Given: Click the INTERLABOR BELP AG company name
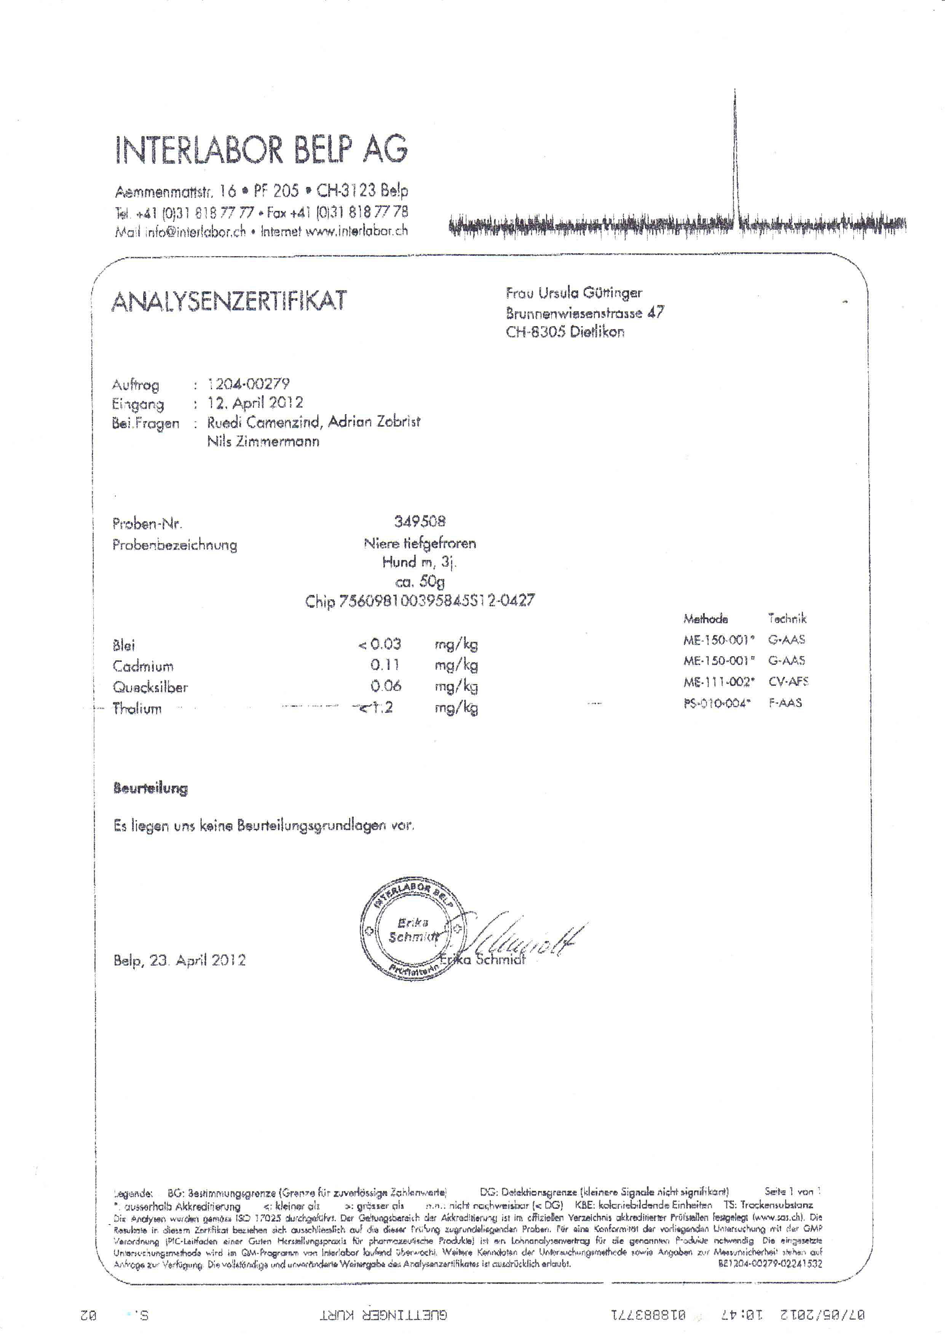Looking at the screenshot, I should point(261,150).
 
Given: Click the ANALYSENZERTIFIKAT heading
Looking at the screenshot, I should point(229,301).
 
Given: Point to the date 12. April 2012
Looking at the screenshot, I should point(255,403).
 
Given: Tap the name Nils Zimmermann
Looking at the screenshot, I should point(263,441).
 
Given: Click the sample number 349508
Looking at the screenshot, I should point(420,521).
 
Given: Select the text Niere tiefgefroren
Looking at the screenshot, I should point(420,544).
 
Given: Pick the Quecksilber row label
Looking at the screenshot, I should point(150,687).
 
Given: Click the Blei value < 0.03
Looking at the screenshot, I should point(379,644).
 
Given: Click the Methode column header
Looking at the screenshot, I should point(705,619).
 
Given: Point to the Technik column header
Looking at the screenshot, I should point(787,619).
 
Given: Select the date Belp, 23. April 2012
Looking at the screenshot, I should point(179,960).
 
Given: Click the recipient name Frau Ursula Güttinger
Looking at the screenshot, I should point(574,293).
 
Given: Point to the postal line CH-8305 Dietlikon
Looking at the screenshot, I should point(565,332).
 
